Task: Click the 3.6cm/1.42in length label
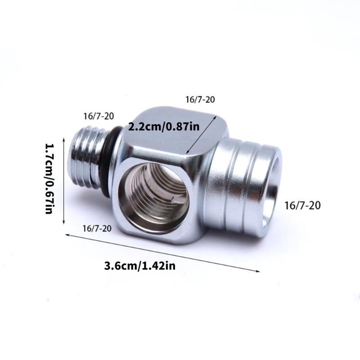pyautogui.click(x=139, y=265)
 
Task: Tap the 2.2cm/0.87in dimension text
pyautogui.click(x=164, y=126)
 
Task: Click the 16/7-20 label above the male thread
pyautogui.click(x=99, y=116)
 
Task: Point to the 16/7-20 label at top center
pyautogui.click(x=201, y=99)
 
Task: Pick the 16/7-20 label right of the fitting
pyautogui.click(x=302, y=206)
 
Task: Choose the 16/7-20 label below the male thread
pyautogui.click(x=97, y=229)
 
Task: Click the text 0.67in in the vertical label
pyautogui.click(x=49, y=196)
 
